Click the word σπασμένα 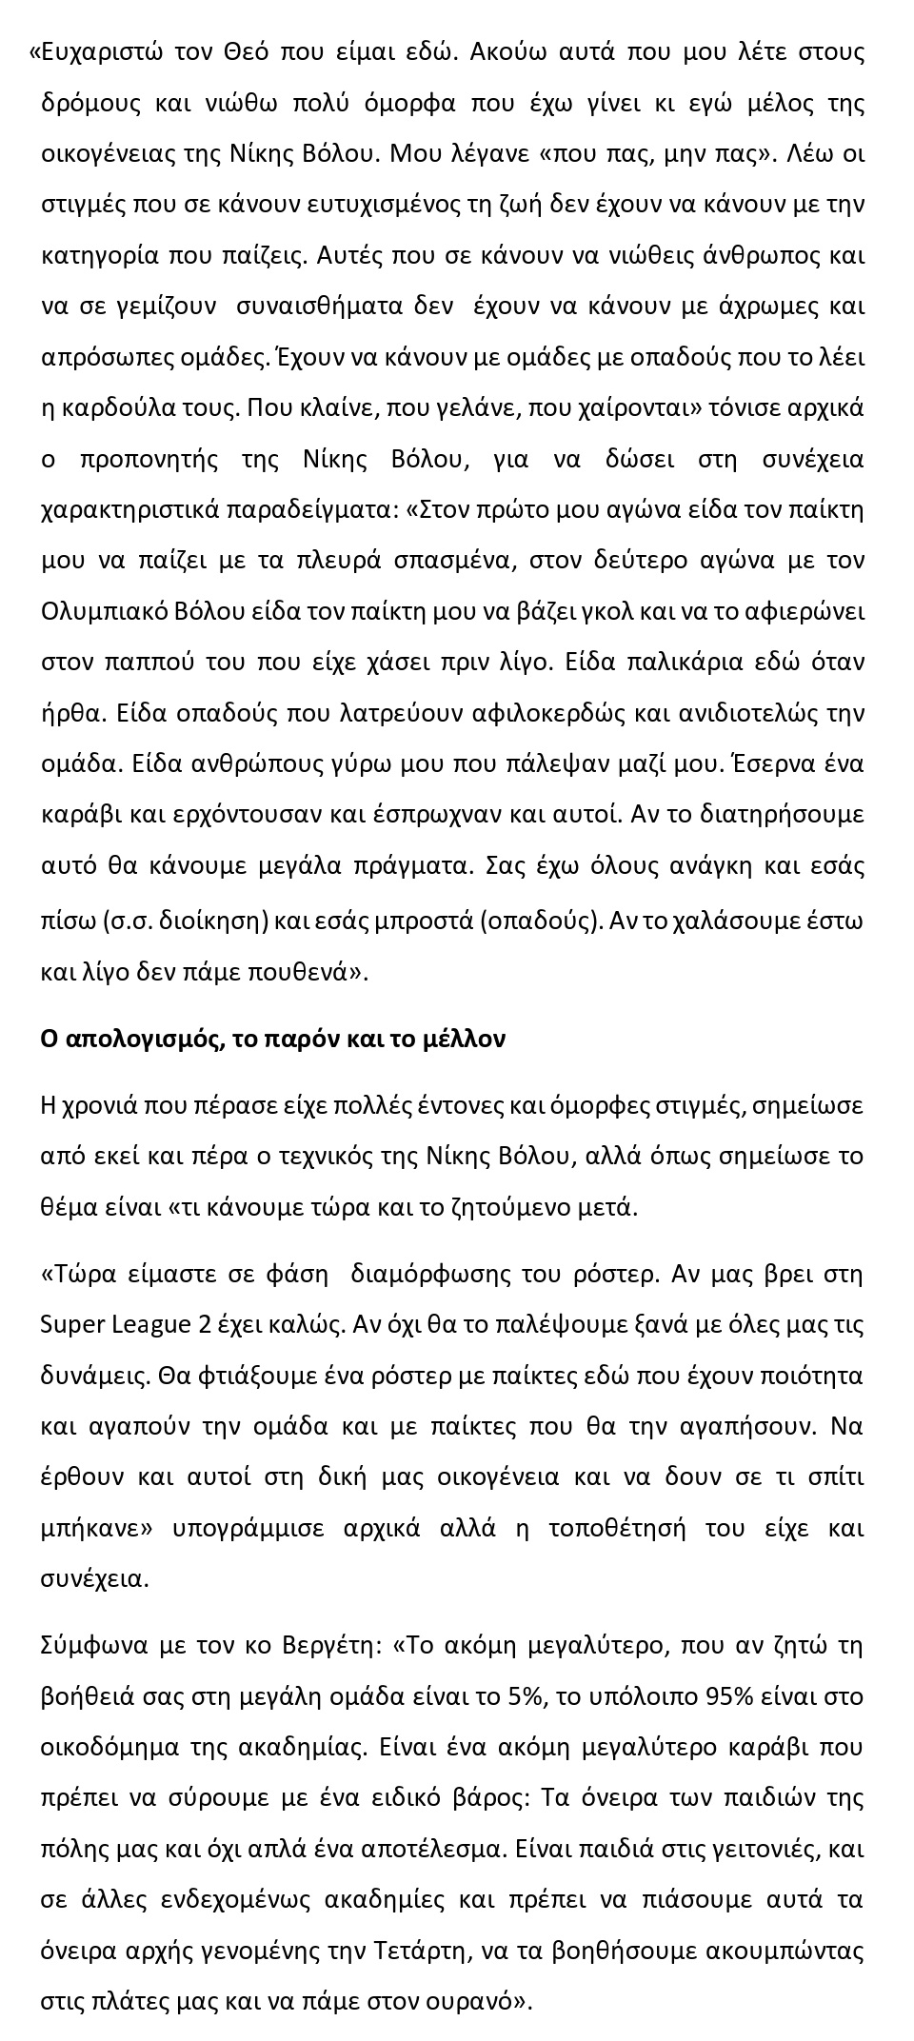[451, 561]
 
